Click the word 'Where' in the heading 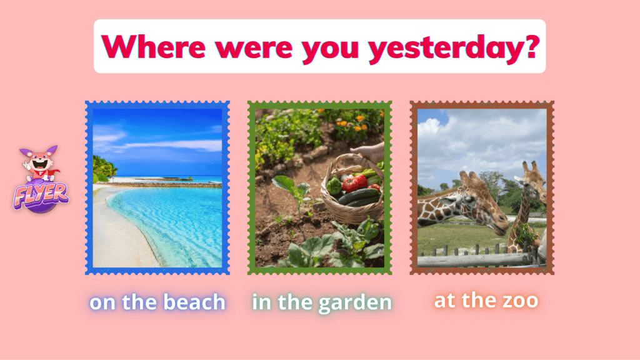click(154, 47)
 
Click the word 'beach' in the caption click(194, 302)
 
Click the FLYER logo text click(41, 195)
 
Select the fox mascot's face click(39, 162)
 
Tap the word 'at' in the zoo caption click(445, 301)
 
